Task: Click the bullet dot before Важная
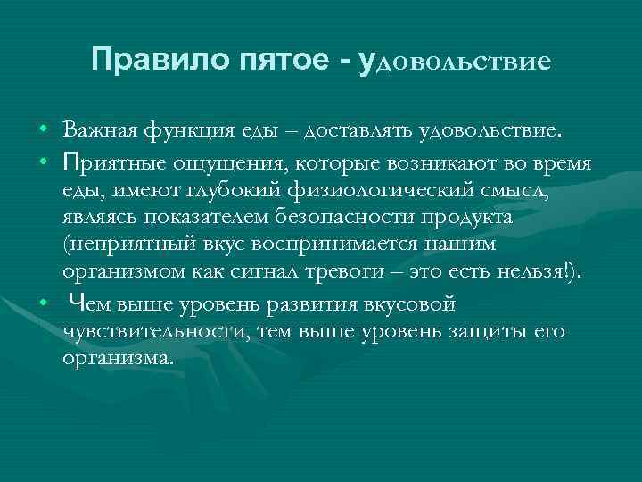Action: point(43,132)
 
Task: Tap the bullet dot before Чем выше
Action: point(43,304)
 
